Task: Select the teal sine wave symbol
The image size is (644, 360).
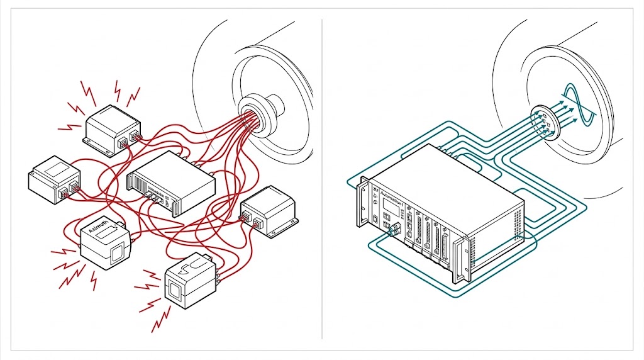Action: point(577,104)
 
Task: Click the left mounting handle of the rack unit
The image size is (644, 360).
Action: point(363,201)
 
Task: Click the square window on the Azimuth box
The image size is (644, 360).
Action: point(116,257)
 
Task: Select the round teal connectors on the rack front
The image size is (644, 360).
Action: point(394,230)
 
